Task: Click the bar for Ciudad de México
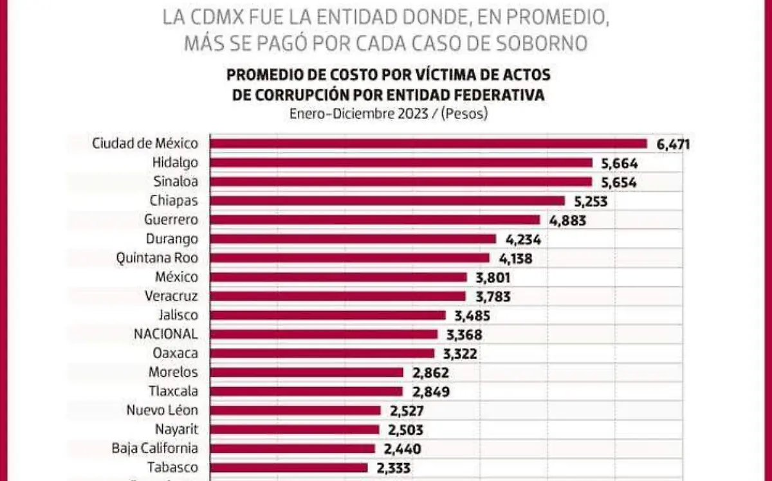pyautogui.click(x=428, y=143)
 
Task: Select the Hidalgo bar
pyautogui.click(x=401, y=163)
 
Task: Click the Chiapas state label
pyautogui.click(x=174, y=201)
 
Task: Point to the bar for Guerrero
pyautogui.click(x=375, y=220)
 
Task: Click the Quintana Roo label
pyautogui.click(x=157, y=258)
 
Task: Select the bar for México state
pyautogui.click(x=339, y=277)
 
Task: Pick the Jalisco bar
pyautogui.click(x=328, y=315)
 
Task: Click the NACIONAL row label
pyautogui.click(x=165, y=334)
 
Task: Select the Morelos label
pyautogui.click(x=173, y=372)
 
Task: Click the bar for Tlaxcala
pyautogui.click(x=307, y=392)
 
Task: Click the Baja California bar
pyautogui.click(x=293, y=448)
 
